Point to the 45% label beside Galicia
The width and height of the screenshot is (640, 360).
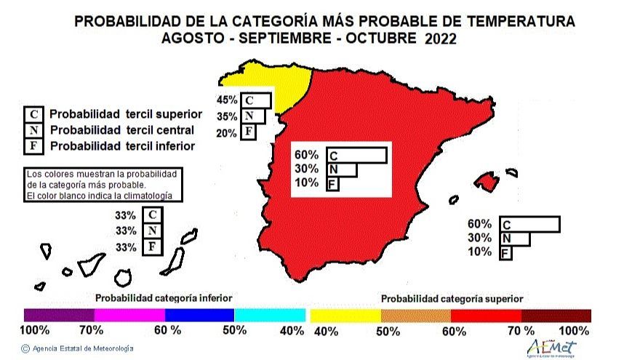pos(227,100)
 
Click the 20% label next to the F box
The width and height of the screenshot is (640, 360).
pos(227,132)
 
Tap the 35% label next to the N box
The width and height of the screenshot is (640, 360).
pos(227,116)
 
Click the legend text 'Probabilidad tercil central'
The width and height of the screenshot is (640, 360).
pos(121,130)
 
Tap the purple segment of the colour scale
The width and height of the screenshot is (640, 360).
pos(59,315)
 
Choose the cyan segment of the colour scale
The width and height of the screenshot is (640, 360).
pos(270,315)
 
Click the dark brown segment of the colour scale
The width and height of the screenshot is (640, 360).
pos(556,315)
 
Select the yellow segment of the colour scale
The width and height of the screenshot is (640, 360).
pos(345,315)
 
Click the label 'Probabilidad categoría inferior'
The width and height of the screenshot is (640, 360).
pos(164,298)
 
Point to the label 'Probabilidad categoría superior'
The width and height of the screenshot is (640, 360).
pos(452,298)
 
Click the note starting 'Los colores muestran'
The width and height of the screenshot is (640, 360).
pos(102,185)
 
